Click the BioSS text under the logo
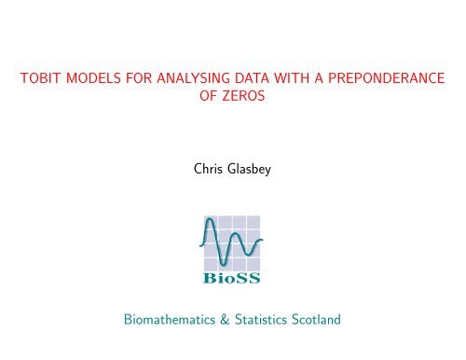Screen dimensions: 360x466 click(231, 278)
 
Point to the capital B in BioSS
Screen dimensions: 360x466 click(210, 278)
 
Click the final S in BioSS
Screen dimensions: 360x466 click(253, 278)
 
